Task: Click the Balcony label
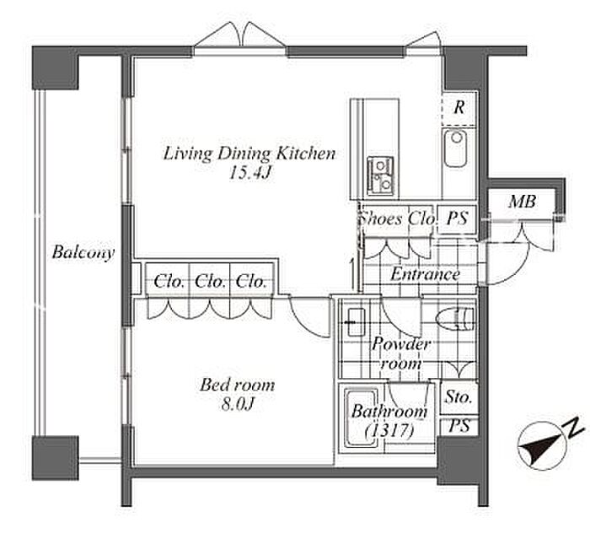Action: tap(83, 252)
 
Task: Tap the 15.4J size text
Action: tap(250, 173)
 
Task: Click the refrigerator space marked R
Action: tap(459, 108)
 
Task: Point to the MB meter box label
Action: tap(522, 202)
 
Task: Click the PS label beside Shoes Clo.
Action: tap(457, 218)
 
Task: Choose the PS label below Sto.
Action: tap(459, 426)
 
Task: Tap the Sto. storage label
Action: tap(459, 397)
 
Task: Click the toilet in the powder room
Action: tap(455, 320)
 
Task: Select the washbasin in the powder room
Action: tap(356, 322)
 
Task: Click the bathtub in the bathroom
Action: tap(361, 419)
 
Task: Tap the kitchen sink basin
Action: tap(456, 148)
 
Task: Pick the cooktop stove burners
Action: tap(380, 176)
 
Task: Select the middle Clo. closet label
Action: tap(210, 282)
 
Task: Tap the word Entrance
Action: tap(425, 274)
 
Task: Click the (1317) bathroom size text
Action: tap(389, 430)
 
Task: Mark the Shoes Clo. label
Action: tap(398, 218)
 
